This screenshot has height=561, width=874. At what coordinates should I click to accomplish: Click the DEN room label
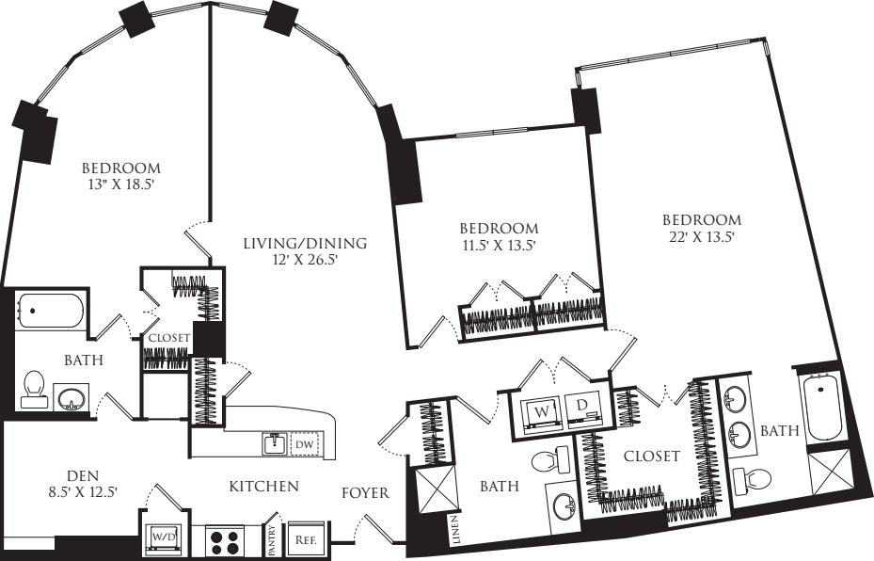click(x=83, y=475)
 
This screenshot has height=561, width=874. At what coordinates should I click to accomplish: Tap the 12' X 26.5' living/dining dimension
click(x=305, y=259)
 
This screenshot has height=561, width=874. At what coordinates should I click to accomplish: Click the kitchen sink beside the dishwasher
click(x=275, y=443)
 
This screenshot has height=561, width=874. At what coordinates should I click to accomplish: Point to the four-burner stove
click(x=226, y=538)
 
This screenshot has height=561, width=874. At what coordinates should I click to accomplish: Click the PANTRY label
click(x=272, y=536)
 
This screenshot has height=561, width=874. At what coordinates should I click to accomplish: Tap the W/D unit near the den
click(x=161, y=538)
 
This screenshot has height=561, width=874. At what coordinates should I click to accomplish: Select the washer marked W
click(x=541, y=412)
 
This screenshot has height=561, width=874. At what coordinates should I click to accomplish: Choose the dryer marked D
click(x=582, y=409)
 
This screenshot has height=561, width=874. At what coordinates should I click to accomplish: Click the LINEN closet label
click(x=456, y=529)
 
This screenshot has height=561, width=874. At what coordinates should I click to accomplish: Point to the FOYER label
click(x=366, y=493)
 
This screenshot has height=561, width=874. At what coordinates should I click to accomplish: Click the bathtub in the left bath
click(x=49, y=311)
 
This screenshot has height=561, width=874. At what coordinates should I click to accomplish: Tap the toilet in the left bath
click(x=33, y=388)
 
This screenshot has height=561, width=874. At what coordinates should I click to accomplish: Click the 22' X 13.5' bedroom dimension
click(x=701, y=237)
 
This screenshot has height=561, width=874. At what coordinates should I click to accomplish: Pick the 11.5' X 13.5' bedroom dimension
click(x=500, y=246)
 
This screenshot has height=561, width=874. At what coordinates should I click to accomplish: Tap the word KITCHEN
click(x=264, y=487)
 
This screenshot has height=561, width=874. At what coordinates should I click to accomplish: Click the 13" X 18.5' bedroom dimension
click(x=121, y=184)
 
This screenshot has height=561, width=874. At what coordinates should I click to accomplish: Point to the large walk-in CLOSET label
click(x=652, y=457)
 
